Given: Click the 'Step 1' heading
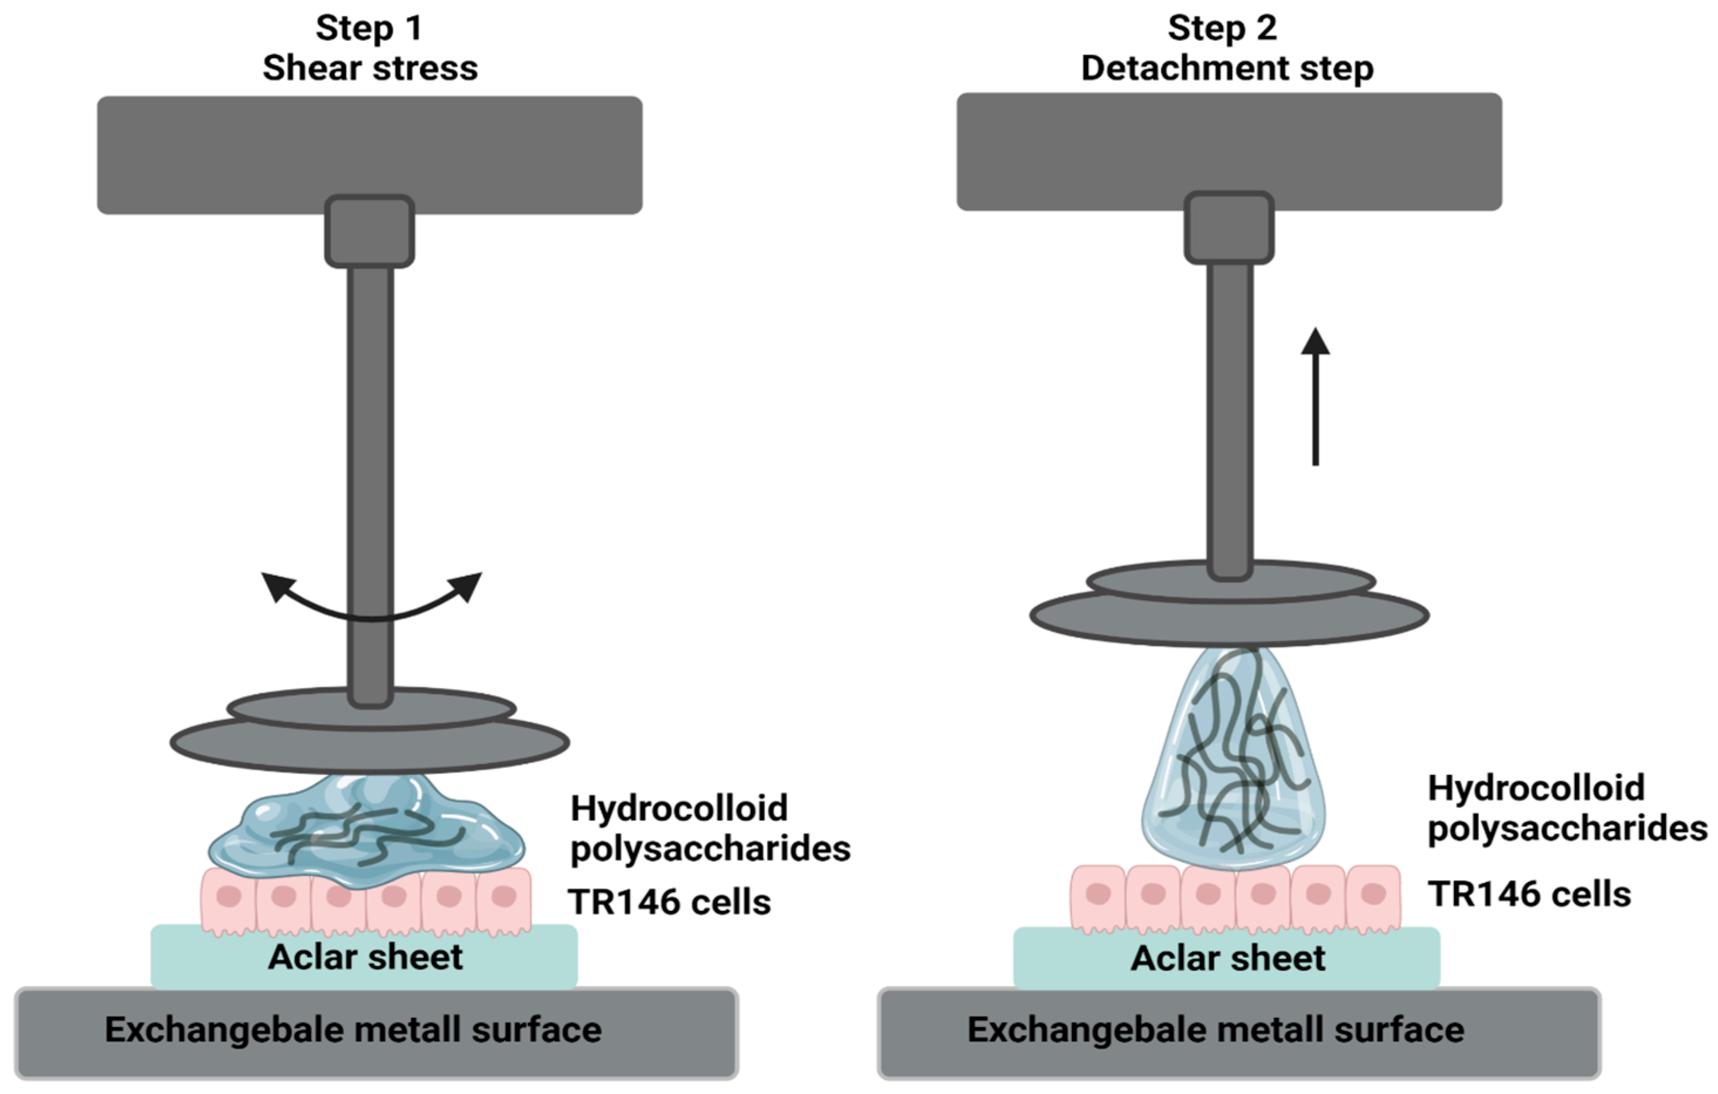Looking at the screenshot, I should (x=370, y=29).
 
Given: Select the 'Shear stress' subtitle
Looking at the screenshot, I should (x=370, y=69).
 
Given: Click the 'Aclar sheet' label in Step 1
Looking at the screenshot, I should (x=365, y=957).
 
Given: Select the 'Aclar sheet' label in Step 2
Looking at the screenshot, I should (x=1228, y=959).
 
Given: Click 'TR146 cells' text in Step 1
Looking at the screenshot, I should (x=669, y=902).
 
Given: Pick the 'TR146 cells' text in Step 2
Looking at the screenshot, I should (x=1529, y=894).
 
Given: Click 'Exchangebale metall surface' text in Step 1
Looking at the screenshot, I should (x=353, y=1030).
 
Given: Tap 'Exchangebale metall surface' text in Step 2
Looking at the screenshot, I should (x=1216, y=1030).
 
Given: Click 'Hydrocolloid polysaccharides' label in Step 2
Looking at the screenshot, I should (x=1566, y=808).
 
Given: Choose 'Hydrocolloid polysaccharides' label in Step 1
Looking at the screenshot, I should (x=709, y=828).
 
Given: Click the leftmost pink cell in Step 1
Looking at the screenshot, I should (x=229, y=899).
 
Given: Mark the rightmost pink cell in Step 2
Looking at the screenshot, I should (x=1373, y=897).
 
